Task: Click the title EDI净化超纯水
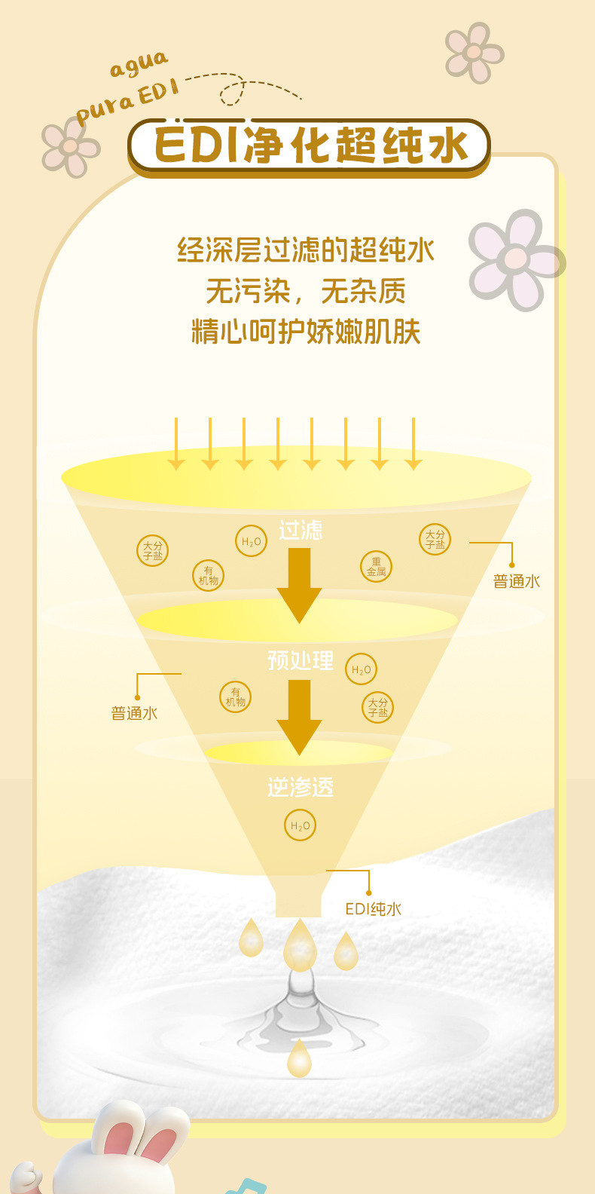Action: click(x=310, y=145)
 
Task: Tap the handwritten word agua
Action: click(x=139, y=65)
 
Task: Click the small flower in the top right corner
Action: click(x=474, y=53)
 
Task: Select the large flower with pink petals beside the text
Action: click(x=517, y=259)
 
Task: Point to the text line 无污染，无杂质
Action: click(x=306, y=291)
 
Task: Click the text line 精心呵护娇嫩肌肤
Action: click(x=306, y=332)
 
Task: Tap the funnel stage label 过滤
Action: click(x=301, y=531)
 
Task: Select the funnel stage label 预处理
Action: click(x=301, y=660)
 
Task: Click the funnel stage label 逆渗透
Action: click(x=300, y=788)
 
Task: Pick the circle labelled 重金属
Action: click(x=376, y=567)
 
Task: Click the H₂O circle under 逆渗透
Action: click(x=300, y=825)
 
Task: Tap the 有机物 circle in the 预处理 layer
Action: click(x=235, y=696)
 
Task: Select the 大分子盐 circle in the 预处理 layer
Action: click(x=377, y=707)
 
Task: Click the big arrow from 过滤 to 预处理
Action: click(x=299, y=585)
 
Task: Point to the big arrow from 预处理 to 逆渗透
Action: click(x=299, y=716)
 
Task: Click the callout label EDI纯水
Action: click(x=373, y=909)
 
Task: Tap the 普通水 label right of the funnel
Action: click(x=517, y=581)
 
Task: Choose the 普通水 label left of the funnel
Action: click(x=134, y=713)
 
